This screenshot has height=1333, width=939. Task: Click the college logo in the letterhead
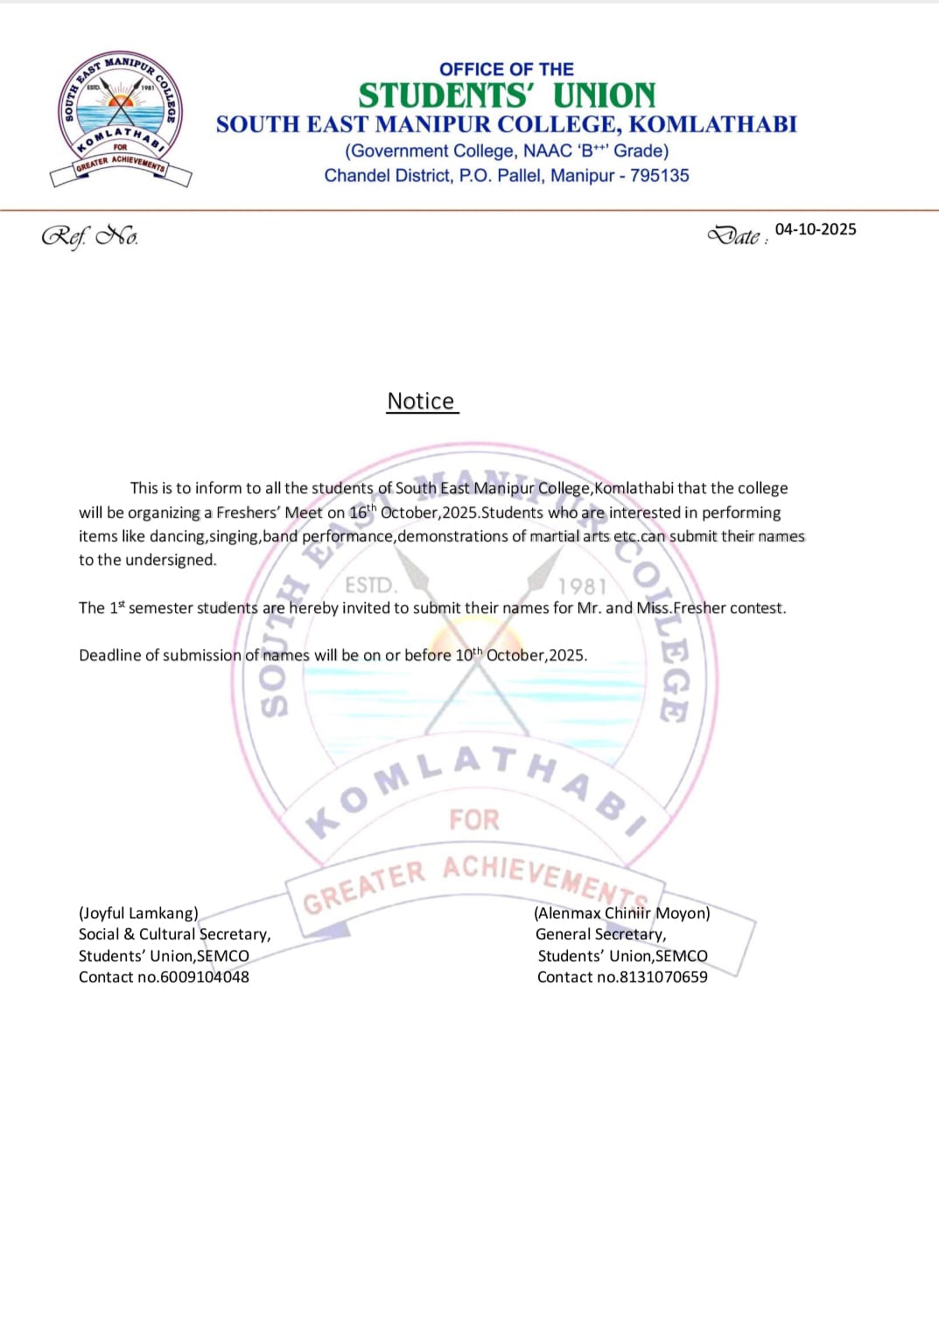click(x=121, y=118)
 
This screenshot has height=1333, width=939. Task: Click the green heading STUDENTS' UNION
click(x=507, y=95)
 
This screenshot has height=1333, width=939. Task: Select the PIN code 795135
click(x=660, y=176)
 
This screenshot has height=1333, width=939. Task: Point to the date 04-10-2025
click(x=816, y=229)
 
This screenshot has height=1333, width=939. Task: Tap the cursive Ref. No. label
click(x=89, y=236)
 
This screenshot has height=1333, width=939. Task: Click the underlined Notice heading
click(x=421, y=401)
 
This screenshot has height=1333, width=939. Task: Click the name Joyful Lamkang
click(x=138, y=913)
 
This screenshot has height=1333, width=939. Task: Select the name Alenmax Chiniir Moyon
click(x=622, y=913)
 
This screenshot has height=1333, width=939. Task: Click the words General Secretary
click(x=600, y=934)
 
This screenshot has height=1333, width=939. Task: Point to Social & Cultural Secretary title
click(x=174, y=934)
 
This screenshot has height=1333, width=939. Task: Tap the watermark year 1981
click(x=582, y=586)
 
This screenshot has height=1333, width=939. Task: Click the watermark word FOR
click(x=474, y=820)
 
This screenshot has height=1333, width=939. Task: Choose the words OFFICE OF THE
click(x=507, y=69)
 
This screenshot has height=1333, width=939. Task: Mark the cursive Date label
click(x=735, y=235)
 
